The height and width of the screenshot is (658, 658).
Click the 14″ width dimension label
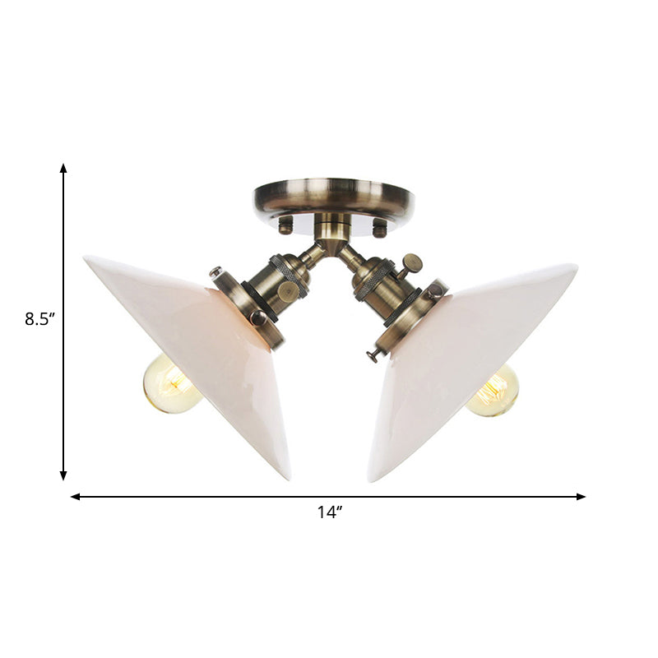(329, 512)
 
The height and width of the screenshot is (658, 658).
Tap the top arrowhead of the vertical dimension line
(63, 168)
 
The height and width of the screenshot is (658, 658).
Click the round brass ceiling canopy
(333, 197)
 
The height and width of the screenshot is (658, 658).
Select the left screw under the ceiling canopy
(285, 224)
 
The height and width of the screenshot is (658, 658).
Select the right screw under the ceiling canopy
(379, 228)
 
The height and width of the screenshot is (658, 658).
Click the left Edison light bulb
(171, 385)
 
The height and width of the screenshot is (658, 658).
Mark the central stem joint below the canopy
(333, 239)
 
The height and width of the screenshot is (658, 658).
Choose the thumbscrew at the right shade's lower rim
(373, 355)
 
